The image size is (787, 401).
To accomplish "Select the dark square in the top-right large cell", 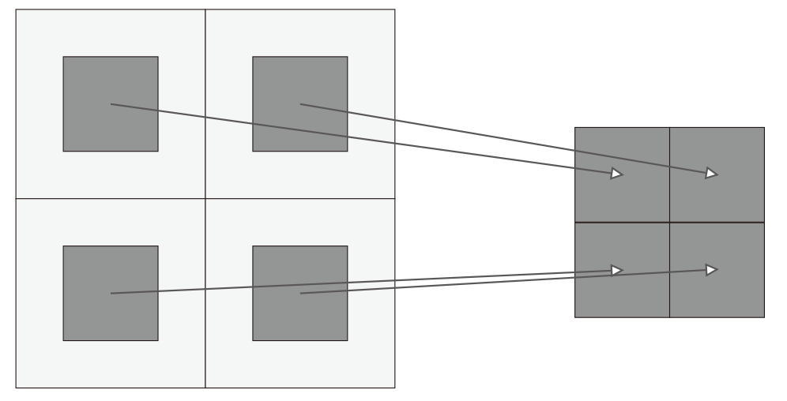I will tap(324, 130).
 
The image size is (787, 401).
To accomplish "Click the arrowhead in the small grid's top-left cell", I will tap(617, 174).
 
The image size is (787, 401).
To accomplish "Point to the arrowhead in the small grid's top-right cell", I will tap(712, 174).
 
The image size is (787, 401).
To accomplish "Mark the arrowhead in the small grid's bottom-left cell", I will tap(617, 271).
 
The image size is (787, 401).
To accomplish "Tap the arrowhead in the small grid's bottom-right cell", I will tap(712, 270).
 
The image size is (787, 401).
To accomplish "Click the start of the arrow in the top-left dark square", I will tap(111, 104).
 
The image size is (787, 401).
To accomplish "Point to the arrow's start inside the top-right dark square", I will tap(300, 104).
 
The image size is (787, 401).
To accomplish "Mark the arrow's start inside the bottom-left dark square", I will tap(111, 294).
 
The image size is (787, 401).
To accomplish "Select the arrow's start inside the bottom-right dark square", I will tap(300, 294).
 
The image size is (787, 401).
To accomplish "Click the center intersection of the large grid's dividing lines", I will tap(205, 199).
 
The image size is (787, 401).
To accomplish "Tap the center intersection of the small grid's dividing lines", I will tap(669, 223).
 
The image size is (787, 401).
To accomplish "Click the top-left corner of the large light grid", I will tap(16, 9).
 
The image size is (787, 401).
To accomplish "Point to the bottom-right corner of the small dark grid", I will tap(764, 317).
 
